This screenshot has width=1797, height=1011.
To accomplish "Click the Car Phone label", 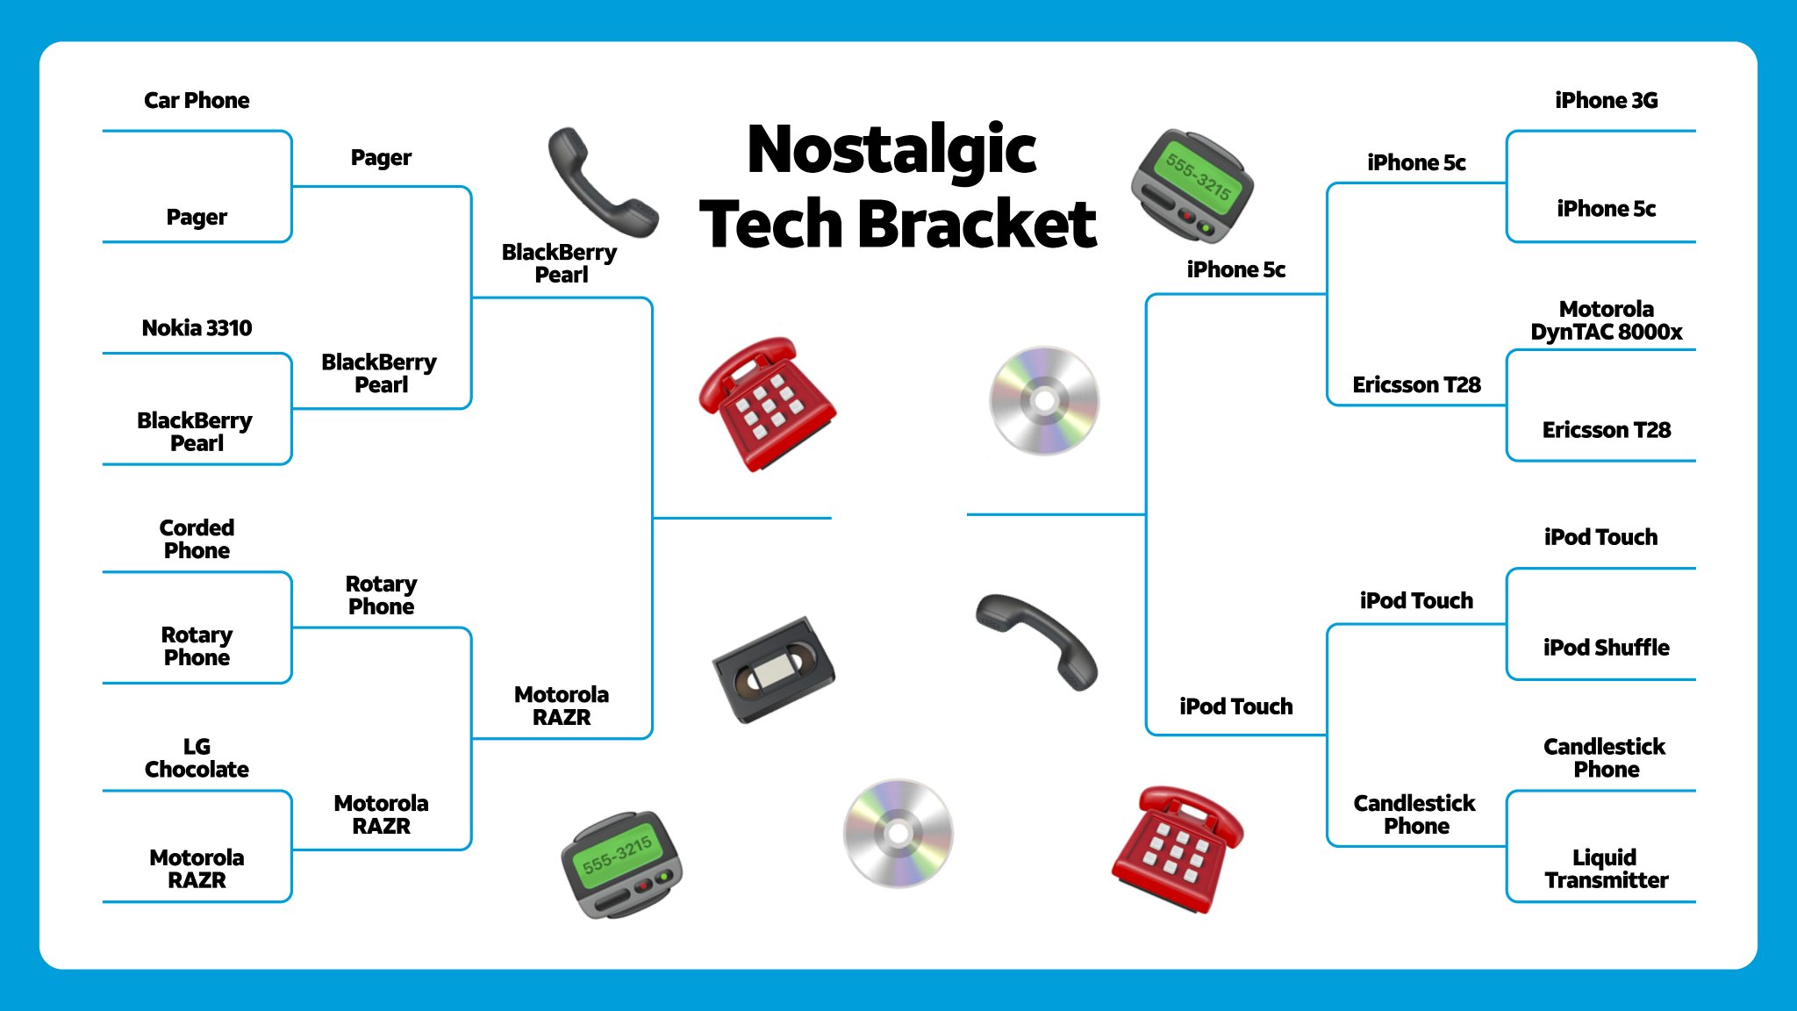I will point(197,101).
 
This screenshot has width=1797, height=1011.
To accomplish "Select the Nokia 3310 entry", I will point(197,328).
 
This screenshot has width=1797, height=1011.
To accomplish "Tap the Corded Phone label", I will point(197,539).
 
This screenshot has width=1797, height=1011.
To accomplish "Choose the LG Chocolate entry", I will point(197,757).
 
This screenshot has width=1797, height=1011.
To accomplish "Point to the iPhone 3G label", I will point(1606,101).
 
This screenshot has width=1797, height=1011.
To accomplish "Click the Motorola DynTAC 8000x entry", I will point(1606,320).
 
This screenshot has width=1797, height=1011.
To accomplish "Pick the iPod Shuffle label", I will point(1606,648).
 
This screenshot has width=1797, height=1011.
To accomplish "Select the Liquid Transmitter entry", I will point(1606,869).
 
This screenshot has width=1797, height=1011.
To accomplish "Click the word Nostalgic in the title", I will point(891,151).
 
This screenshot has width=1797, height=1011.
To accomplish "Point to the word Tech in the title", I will point(771,225).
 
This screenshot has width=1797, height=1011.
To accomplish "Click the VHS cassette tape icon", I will point(774,670).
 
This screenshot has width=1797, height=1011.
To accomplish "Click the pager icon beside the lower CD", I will point(621,864).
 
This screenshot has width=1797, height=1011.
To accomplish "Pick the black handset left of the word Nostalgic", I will point(601,182).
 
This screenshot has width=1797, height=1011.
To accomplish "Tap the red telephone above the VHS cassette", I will point(766,403).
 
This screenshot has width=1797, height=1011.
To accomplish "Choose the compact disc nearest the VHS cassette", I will point(898,833).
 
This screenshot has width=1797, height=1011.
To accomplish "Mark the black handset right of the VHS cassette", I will point(1038,641).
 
